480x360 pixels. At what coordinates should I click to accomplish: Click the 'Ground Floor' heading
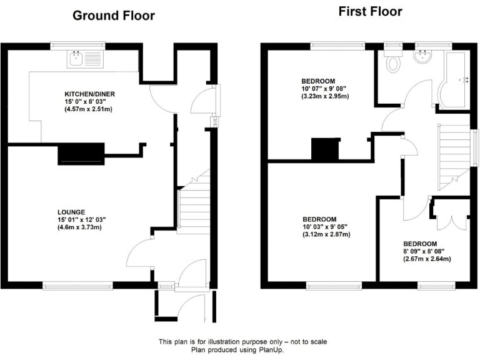114,16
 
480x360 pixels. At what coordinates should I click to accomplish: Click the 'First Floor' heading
370,11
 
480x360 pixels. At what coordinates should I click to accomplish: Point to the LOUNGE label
69,212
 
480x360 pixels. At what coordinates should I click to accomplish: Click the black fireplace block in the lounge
81,154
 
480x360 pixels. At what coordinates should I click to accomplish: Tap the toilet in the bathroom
394,63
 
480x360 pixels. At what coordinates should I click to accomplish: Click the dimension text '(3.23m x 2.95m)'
325,96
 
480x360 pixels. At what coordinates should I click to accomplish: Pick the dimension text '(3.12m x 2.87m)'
326,234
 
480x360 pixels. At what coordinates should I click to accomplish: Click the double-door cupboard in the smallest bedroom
450,216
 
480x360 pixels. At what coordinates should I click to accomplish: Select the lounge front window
78,286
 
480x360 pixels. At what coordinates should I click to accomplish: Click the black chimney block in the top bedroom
324,149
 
